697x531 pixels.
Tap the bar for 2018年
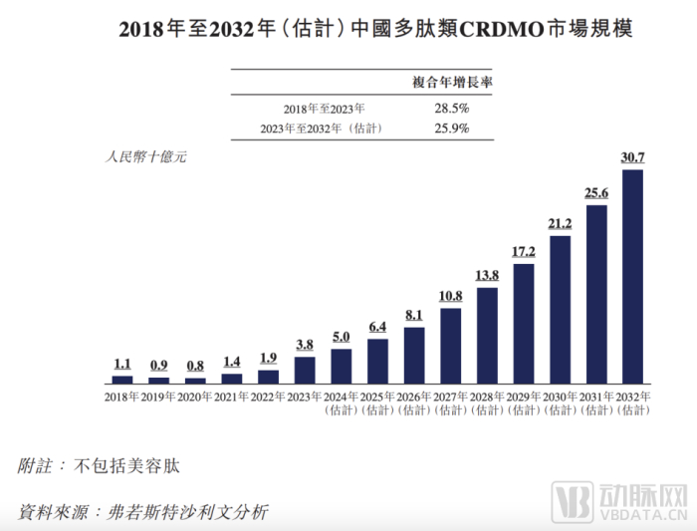point(122,380)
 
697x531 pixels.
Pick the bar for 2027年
point(450,346)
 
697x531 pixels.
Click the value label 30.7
point(633,157)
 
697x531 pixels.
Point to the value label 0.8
point(195,366)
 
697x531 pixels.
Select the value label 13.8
point(487,275)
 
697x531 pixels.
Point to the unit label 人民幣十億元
point(144,157)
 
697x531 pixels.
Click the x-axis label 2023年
point(305,397)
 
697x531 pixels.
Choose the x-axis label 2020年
point(195,397)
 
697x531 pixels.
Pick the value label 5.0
point(342,337)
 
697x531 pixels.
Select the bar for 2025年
point(377,362)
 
